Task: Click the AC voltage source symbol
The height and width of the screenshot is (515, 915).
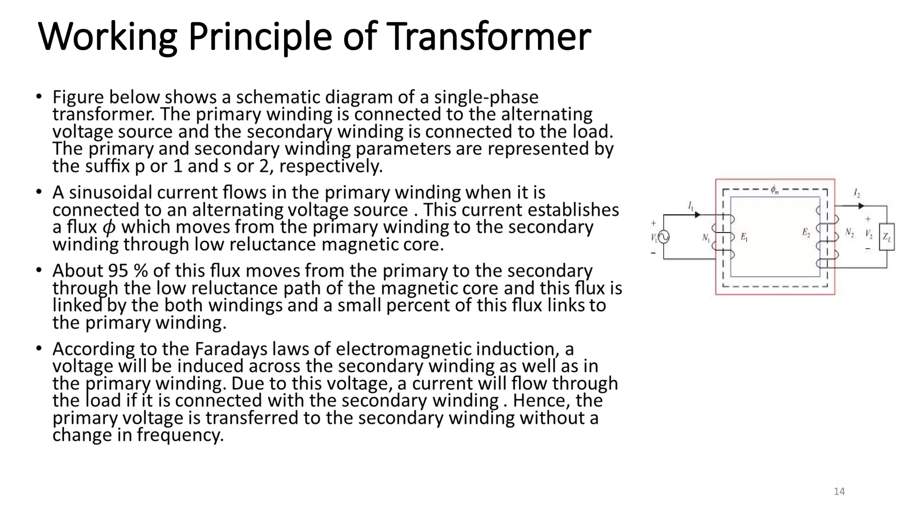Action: tap(664, 237)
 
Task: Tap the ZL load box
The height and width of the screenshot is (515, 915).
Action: tap(887, 237)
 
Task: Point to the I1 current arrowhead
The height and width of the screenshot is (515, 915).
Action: tap(697, 215)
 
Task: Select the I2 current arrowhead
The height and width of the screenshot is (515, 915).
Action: tap(861, 206)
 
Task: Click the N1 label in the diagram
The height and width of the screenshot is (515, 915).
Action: tap(706, 238)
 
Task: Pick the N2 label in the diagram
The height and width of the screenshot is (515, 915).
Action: tap(849, 233)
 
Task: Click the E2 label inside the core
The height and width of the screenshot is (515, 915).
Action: tap(806, 232)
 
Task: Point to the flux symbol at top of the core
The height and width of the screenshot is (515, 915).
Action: tap(775, 190)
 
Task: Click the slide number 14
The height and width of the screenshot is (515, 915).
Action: tap(839, 492)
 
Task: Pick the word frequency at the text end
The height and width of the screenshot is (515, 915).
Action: tap(180, 435)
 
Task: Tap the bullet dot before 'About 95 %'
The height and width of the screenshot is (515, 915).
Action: tap(39, 270)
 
